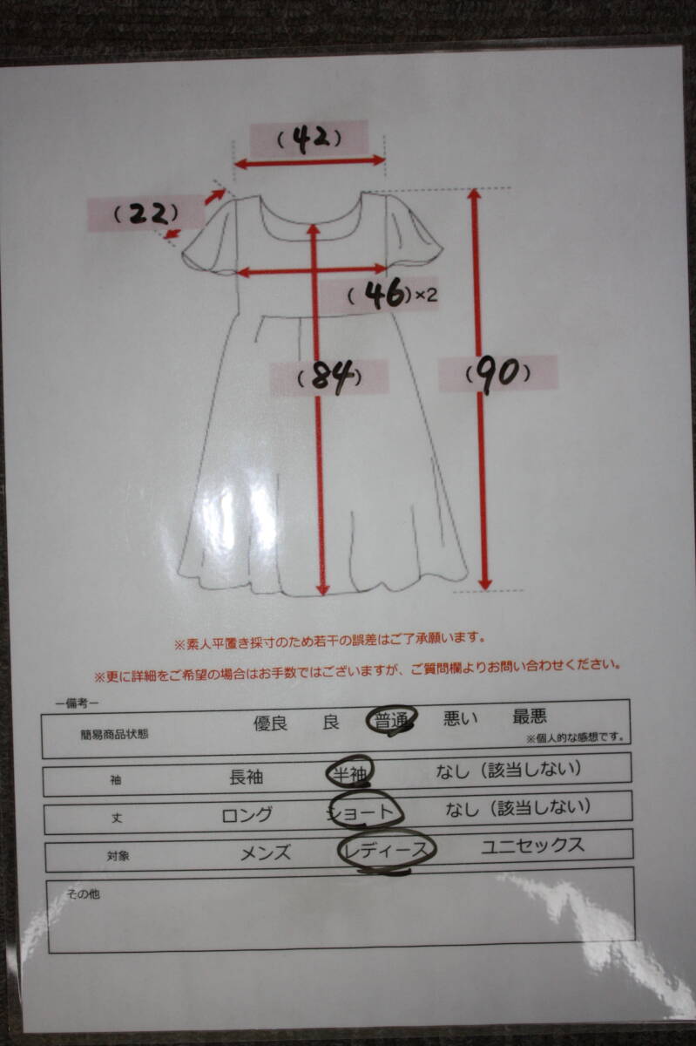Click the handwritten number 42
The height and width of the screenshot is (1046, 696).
click(309, 139)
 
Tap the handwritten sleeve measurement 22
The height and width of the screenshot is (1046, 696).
click(147, 214)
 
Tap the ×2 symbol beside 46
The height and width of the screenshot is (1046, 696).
click(424, 296)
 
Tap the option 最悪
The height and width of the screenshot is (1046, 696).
click(530, 717)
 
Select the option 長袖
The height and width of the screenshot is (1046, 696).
click(246, 777)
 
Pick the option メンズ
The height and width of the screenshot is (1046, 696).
click(266, 853)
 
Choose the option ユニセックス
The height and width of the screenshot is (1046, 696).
click(532, 846)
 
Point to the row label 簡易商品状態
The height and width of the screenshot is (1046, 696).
click(114, 734)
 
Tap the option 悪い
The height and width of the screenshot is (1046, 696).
click(460, 719)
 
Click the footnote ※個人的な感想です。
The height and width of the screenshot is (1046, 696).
click(575, 738)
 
